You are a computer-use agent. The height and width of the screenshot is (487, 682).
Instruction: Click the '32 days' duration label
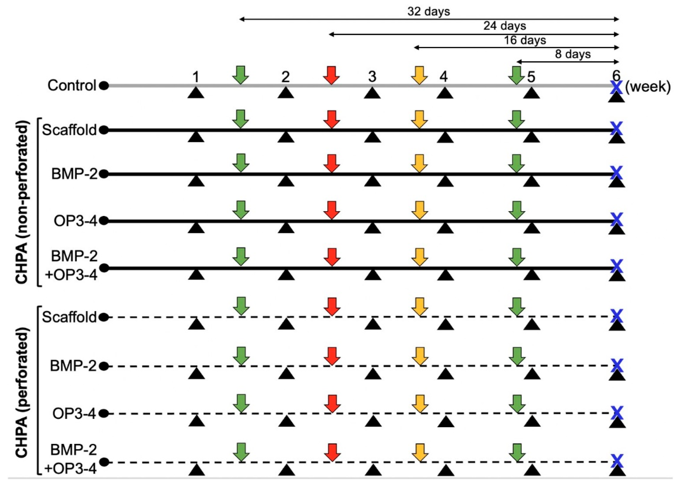[428, 11]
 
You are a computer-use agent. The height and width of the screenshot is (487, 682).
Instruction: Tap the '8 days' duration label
[572, 54]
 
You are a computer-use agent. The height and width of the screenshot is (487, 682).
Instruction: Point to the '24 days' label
[505, 26]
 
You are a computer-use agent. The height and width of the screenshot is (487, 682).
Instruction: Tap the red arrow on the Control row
[331, 75]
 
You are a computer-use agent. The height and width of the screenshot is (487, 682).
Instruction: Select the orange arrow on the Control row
[419, 75]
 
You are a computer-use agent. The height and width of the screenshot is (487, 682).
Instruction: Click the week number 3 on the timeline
[372, 77]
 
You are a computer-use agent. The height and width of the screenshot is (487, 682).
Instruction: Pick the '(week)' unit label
[648, 87]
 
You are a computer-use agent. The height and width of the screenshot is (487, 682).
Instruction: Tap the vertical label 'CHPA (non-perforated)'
[23, 202]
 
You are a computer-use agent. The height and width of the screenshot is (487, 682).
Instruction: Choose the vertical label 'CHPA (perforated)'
[23, 393]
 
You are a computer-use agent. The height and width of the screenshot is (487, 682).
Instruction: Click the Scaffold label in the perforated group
[69, 317]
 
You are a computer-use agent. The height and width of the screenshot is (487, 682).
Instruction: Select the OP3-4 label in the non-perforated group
[75, 221]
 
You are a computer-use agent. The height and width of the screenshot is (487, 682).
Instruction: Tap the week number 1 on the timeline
[196, 77]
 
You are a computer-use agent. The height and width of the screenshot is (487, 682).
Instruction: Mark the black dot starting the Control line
[104, 86]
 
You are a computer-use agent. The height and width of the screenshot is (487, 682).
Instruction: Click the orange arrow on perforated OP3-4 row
[420, 404]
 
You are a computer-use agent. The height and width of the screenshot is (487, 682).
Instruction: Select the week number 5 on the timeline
[531, 77]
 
